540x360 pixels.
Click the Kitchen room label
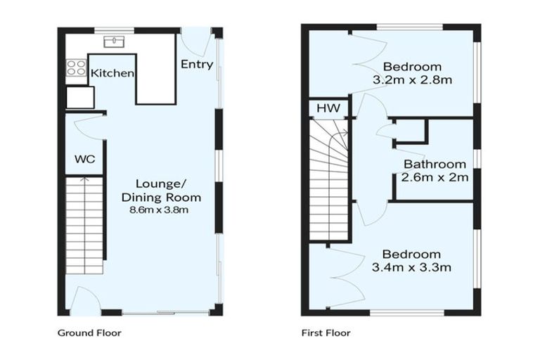click(112, 73)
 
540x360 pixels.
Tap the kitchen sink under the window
click(113, 42)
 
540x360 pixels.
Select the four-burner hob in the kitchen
click(76, 68)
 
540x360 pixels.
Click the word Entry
click(196, 65)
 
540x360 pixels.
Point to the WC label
click(84, 159)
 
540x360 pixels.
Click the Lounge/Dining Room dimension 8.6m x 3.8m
click(161, 210)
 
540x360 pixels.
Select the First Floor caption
click(326, 333)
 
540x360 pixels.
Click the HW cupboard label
click(328, 108)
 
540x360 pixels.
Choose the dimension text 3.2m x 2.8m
click(412, 79)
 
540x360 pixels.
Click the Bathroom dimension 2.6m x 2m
click(435, 177)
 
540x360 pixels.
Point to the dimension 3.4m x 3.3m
click(411, 266)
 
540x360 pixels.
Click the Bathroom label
click(435, 165)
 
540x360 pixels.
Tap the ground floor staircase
click(84, 225)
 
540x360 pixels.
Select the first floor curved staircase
click(329, 179)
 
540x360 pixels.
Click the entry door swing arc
click(198, 44)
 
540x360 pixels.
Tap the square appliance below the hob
click(80, 97)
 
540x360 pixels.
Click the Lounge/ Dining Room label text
click(161, 191)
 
